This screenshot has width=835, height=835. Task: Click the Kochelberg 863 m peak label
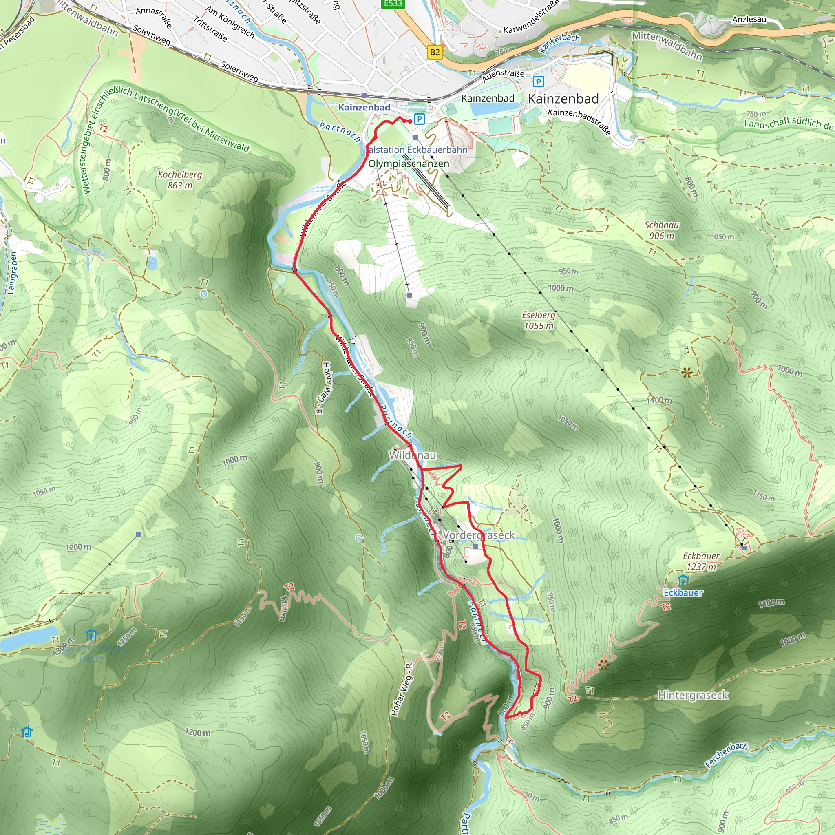(x=180, y=180)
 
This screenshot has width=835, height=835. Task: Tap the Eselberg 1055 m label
(x=539, y=320)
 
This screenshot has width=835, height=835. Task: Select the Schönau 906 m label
(x=661, y=230)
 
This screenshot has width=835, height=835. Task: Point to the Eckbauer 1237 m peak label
(x=701, y=561)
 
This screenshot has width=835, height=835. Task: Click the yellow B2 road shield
(x=435, y=53)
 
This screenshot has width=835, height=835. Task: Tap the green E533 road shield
(x=393, y=4)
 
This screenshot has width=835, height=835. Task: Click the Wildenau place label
(x=412, y=455)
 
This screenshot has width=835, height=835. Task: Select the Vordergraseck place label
(x=478, y=535)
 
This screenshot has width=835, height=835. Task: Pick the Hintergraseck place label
(x=693, y=696)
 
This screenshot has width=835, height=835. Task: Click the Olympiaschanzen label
(x=409, y=164)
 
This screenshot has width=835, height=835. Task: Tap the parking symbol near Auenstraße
(x=538, y=81)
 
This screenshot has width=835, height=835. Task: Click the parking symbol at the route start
(x=419, y=119)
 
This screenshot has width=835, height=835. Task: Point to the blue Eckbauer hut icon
(x=683, y=580)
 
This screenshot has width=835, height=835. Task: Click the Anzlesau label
(x=749, y=20)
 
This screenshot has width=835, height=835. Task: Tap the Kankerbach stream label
(x=559, y=43)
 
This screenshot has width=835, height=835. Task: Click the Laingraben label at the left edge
(x=12, y=273)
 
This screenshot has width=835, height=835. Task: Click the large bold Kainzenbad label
(x=563, y=99)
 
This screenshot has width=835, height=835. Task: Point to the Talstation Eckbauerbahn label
(x=417, y=150)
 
